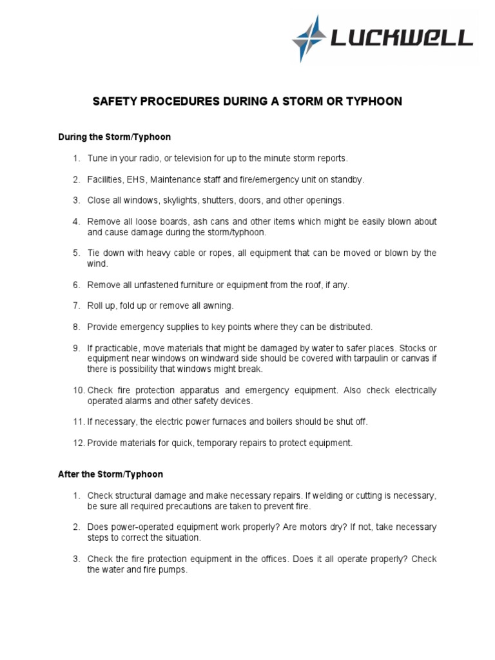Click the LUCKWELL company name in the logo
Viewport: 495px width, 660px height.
(x=401, y=39)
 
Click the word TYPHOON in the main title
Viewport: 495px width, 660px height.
(x=371, y=102)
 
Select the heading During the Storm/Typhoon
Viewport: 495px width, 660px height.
(x=114, y=137)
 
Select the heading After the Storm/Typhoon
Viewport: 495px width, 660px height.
(x=110, y=474)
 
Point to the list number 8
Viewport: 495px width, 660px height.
(x=75, y=327)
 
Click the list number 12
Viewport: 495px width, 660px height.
(x=78, y=443)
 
